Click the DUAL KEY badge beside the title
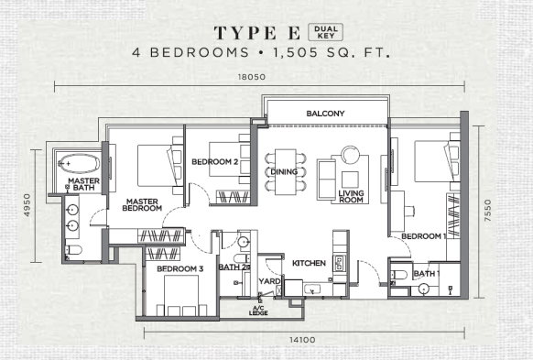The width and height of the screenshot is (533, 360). coord(325,32)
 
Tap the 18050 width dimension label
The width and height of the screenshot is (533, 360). coord(252,77)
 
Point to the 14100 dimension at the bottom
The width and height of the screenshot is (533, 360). coord(302,340)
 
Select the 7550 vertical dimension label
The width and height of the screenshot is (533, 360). coord(488,211)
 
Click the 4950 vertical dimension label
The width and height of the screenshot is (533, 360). coord(27,204)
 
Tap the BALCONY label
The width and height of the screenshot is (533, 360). coord(325,114)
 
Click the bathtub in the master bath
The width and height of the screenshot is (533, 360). coord(79,164)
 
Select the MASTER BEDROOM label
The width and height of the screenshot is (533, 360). coord(142,204)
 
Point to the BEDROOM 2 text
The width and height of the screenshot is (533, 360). coord(215,162)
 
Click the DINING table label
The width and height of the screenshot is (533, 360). coord(284,171)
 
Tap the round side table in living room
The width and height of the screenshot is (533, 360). coord(351,154)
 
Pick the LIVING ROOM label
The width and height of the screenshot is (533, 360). coord(351,196)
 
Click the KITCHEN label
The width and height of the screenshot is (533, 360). coord(309,263)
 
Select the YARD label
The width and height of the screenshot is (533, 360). coord(269,281)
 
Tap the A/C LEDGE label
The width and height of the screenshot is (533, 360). coord(258,311)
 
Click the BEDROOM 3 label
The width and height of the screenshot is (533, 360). coord(180,269)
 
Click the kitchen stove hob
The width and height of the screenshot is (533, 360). coord(339,264)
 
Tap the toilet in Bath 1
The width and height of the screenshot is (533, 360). coord(398,275)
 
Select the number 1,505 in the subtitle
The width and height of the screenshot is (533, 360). coord(297,53)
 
